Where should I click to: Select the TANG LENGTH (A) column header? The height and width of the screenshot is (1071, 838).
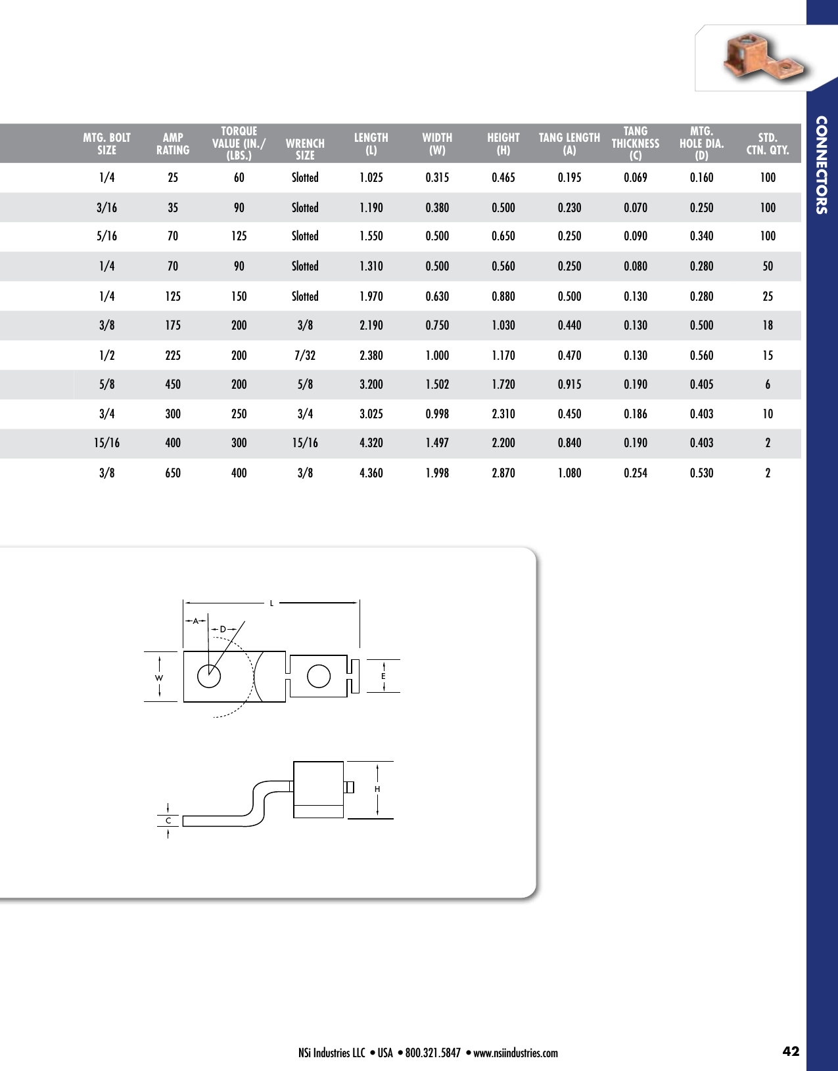[569, 143]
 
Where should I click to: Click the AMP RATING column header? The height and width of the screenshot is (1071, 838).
[173, 143]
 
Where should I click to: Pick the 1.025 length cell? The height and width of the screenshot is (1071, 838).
[371, 177]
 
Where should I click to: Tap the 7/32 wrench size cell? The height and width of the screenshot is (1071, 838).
[305, 355]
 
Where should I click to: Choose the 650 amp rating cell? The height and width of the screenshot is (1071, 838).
[173, 473]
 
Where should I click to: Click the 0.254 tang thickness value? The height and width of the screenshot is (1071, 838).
[636, 473]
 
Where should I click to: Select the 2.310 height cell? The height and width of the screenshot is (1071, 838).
[503, 414]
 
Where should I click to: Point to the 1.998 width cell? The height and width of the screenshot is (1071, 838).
[437, 473]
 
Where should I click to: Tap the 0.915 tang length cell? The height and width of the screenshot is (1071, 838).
[569, 384]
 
